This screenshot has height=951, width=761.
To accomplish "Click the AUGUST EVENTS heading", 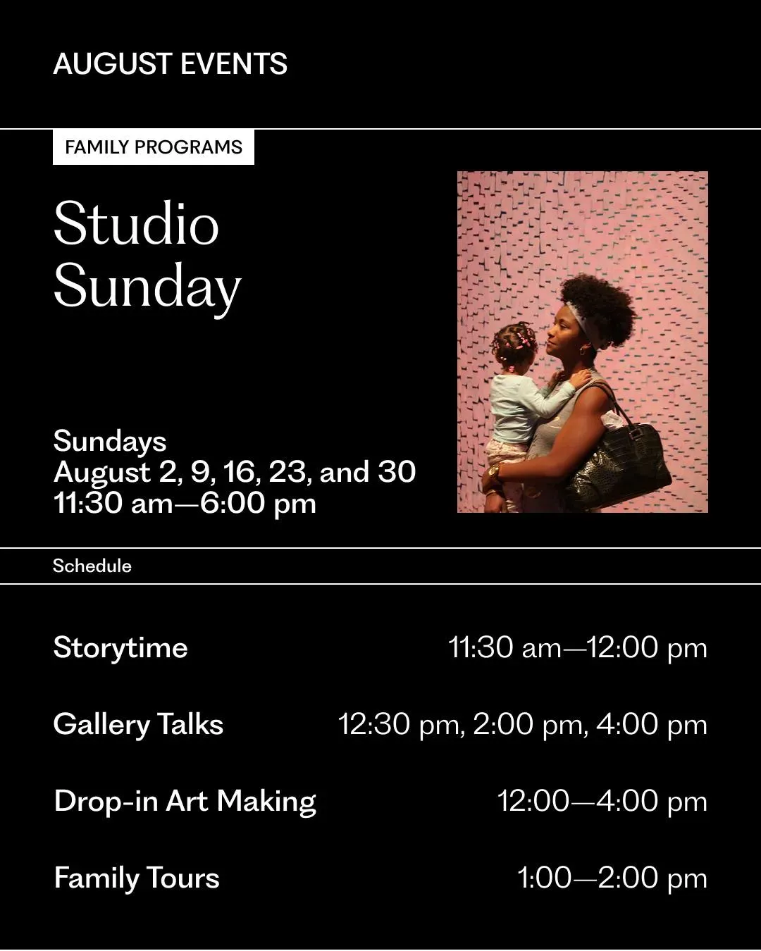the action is click(x=171, y=63).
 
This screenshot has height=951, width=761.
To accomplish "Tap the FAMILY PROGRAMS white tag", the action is click(x=154, y=147).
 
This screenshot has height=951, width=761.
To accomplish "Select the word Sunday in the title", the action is click(x=147, y=287).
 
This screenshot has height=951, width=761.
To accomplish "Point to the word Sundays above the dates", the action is click(x=110, y=442).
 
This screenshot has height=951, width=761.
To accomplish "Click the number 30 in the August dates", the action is click(x=397, y=471).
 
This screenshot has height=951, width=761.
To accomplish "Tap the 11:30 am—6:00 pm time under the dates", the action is click(x=185, y=504).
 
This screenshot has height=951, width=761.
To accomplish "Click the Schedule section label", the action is click(x=92, y=566).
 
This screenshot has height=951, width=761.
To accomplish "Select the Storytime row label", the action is click(x=120, y=648).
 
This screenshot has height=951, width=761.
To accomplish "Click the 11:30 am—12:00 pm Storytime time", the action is click(x=578, y=648).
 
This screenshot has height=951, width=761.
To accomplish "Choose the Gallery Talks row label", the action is click(x=138, y=724).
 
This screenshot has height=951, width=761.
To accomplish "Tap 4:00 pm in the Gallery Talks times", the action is click(x=652, y=725).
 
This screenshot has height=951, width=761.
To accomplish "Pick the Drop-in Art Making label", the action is click(x=185, y=802).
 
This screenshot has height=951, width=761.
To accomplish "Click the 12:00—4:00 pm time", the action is click(x=602, y=801).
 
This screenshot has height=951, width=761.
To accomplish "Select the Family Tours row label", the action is click(x=137, y=878).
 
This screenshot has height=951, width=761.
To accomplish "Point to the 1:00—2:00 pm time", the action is click(x=612, y=878).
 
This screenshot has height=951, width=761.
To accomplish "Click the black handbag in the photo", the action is click(x=619, y=464).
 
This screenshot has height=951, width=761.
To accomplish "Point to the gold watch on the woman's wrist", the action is click(x=494, y=473).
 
